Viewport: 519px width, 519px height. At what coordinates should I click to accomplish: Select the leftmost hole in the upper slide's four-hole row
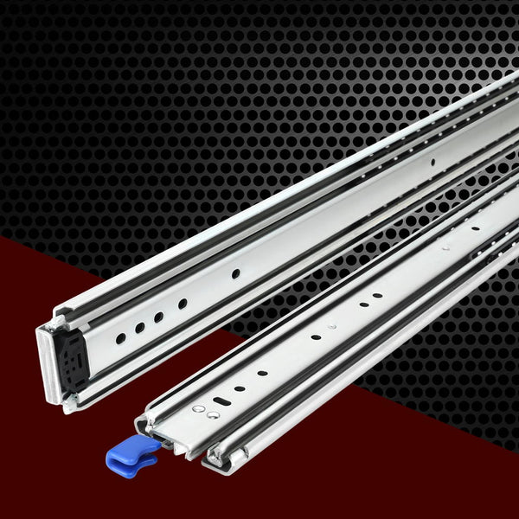(120, 339)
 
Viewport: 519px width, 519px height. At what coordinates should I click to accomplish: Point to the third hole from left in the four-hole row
(159, 317)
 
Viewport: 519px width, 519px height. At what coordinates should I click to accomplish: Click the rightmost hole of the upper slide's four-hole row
(182, 304)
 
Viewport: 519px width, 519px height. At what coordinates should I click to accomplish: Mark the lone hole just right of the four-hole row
(234, 273)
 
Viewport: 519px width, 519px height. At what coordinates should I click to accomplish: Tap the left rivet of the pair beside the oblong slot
(199, 407)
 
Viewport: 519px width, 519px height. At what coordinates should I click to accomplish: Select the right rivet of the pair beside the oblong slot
(212, 415)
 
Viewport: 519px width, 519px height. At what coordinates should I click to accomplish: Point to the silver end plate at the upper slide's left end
(48, 363)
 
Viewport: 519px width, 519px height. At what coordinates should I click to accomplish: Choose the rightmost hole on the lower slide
(475, 229)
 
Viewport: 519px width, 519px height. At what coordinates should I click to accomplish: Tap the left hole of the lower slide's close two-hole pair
(363, 304)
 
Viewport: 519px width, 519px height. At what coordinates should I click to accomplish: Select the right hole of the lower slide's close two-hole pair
(379, 296)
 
